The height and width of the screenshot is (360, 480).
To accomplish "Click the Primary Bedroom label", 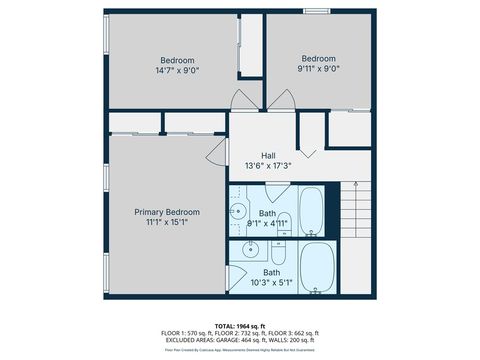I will pos(167,212).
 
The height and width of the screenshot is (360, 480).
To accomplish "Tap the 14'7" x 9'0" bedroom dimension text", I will pos(177,71).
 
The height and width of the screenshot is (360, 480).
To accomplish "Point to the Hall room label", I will pos(268,155).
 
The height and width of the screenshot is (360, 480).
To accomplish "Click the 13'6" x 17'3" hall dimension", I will pos(268,166).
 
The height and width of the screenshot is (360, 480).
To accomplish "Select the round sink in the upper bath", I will pos(238,211).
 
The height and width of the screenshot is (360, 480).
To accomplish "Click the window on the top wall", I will pos(319,11).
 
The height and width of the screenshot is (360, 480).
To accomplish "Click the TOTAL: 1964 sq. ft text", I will pos(239,326).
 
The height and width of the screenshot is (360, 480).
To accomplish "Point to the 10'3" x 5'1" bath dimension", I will pos(272,283).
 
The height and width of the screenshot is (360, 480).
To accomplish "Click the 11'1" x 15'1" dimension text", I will pos(167,222).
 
